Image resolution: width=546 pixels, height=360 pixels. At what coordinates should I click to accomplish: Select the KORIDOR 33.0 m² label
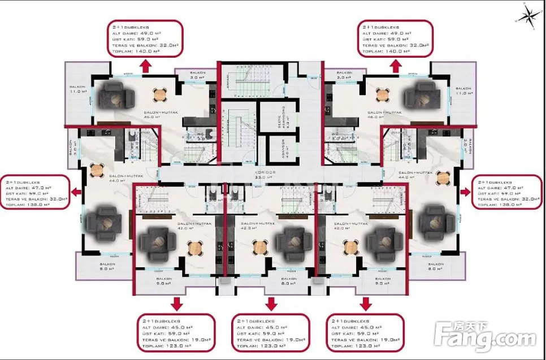point(265,175)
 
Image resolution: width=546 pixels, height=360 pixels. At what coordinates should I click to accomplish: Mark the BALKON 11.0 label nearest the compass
point(463,91)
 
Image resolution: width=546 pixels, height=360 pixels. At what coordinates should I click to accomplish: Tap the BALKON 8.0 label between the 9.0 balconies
point(289,281)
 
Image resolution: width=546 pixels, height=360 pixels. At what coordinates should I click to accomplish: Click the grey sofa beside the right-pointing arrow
point(434,218)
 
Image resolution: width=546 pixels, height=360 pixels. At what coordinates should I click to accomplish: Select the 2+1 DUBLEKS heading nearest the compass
point(380,27)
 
